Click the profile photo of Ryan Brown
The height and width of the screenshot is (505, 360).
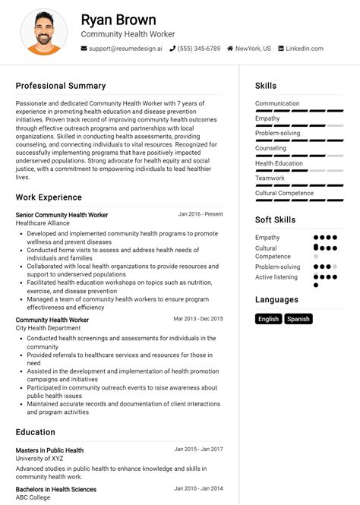(43, 32)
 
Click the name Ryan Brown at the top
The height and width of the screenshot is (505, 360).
(118, 20)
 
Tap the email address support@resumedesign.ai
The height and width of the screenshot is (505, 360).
(125, 49)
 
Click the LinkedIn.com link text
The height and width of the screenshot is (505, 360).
(305, 49)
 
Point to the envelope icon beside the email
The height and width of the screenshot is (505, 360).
(84, 49)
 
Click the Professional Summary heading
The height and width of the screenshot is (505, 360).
(61, 86)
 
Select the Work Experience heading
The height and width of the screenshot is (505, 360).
(49, 197)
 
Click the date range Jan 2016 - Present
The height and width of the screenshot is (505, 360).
(201, 214)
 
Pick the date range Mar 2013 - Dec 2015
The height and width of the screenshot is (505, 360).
(198, 319)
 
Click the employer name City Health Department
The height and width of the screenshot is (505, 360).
(48, 329)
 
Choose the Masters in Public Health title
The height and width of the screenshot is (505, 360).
(49, 450)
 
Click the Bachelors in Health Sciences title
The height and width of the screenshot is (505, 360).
(55, 489)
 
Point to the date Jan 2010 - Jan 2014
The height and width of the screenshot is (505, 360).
(198, 488)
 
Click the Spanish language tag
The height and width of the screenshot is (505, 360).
(298, 319)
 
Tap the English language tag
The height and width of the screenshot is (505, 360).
(269, 319)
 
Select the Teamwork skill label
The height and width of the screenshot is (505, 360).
(270, 178)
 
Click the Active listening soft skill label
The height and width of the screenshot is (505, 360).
(276, 277)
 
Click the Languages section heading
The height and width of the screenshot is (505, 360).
(276, 300)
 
